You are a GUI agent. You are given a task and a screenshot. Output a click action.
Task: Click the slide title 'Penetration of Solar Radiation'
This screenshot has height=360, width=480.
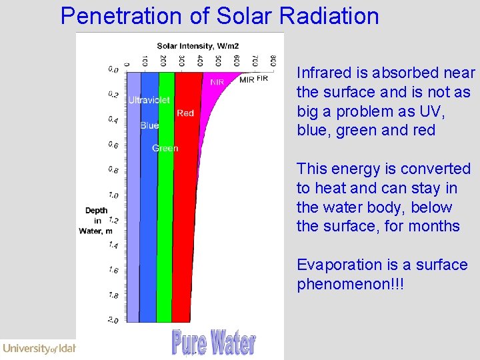point(219,15)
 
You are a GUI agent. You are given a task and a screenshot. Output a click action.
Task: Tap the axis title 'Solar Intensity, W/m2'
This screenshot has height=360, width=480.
point(197,46)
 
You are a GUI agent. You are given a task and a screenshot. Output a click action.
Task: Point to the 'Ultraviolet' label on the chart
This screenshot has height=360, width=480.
point(149,100)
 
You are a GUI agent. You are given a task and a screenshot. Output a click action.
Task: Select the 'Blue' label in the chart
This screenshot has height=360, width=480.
point(149,125)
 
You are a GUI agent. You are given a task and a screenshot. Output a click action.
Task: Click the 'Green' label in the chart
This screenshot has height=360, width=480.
point(165,148)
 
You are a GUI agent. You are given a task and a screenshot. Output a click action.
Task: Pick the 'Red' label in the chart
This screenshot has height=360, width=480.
point(185,113)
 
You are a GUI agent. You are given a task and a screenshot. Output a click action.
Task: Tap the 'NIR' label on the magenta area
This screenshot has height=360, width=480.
point(217,83)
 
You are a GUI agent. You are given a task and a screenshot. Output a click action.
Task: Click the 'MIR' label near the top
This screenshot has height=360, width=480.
point(246,80)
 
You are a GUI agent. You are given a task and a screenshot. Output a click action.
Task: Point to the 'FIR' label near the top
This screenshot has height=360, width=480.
point(262,78)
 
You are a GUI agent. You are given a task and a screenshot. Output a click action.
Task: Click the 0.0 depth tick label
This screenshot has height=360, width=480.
point(113,69)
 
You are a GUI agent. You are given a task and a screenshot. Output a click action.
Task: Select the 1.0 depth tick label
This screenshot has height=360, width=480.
point(113,195)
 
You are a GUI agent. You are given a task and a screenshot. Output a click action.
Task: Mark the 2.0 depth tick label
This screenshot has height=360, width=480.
point(113,321)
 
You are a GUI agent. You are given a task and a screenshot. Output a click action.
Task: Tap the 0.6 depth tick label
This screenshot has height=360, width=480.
point(113,145)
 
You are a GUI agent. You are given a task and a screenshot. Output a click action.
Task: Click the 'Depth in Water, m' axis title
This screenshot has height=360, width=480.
point(96,221)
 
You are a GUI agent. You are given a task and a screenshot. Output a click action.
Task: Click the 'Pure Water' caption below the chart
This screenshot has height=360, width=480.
point(213,343)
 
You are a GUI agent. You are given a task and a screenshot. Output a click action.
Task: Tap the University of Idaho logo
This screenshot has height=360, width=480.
point(39,348)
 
